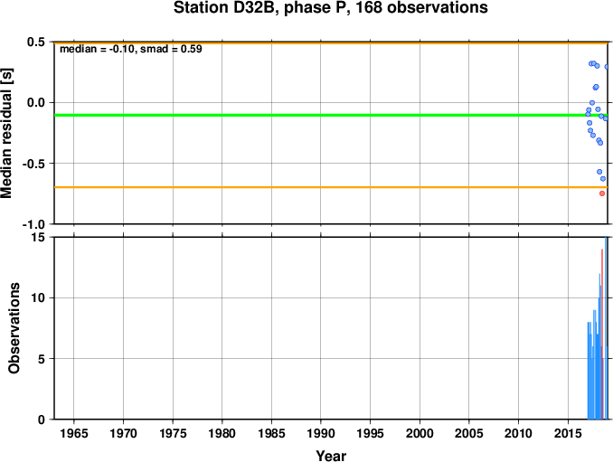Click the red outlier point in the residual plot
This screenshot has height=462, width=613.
(602, 193)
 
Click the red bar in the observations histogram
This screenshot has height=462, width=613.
(602, 335)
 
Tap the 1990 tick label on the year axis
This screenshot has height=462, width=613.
(321, 433)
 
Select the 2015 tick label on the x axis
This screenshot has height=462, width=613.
(568, 433)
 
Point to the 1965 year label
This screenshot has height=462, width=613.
(73, 433)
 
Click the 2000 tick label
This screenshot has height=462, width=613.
(420, 433)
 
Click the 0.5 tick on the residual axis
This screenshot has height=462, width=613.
(36, 42)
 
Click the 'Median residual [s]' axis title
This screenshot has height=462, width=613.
(6, 133)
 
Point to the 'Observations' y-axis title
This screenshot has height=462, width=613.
(14, 328)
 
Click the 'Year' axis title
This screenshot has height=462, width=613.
(331, 456)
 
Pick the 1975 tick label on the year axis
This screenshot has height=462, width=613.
(173, 433)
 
